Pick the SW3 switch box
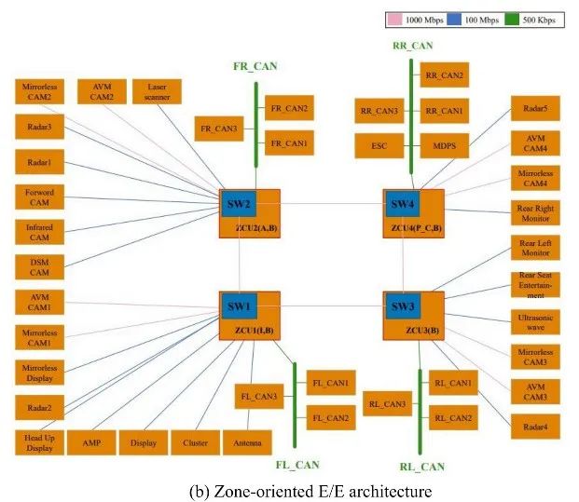click(401, 306)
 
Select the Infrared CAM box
click(39, 230)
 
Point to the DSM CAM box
click(39, 266)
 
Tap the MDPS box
click(444, 145)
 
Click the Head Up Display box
click(39, 441)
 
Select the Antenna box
click(247, 441)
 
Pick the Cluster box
click(196, 441)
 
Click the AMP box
click(91, 441)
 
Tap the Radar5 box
click(535, 108)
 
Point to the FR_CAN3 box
click(218, 128)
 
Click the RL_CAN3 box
click(387, 404)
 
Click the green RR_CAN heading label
click(412, 45)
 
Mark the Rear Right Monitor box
click(535, 213)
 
